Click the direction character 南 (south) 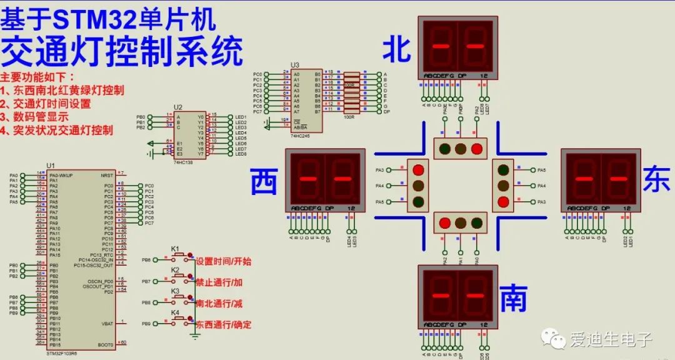coord(514,299)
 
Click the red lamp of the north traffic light coord(476,149)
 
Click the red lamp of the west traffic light coord(418,170)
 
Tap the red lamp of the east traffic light coord(503,201)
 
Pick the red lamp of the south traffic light coord(445,222)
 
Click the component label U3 coord(295,65)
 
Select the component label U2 coord(178,107)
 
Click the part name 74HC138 coord(183,161)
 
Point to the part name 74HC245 coord(300,135)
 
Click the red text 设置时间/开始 coord(223,261)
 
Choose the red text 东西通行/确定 coord(223,325)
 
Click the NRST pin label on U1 coord(107,176)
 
